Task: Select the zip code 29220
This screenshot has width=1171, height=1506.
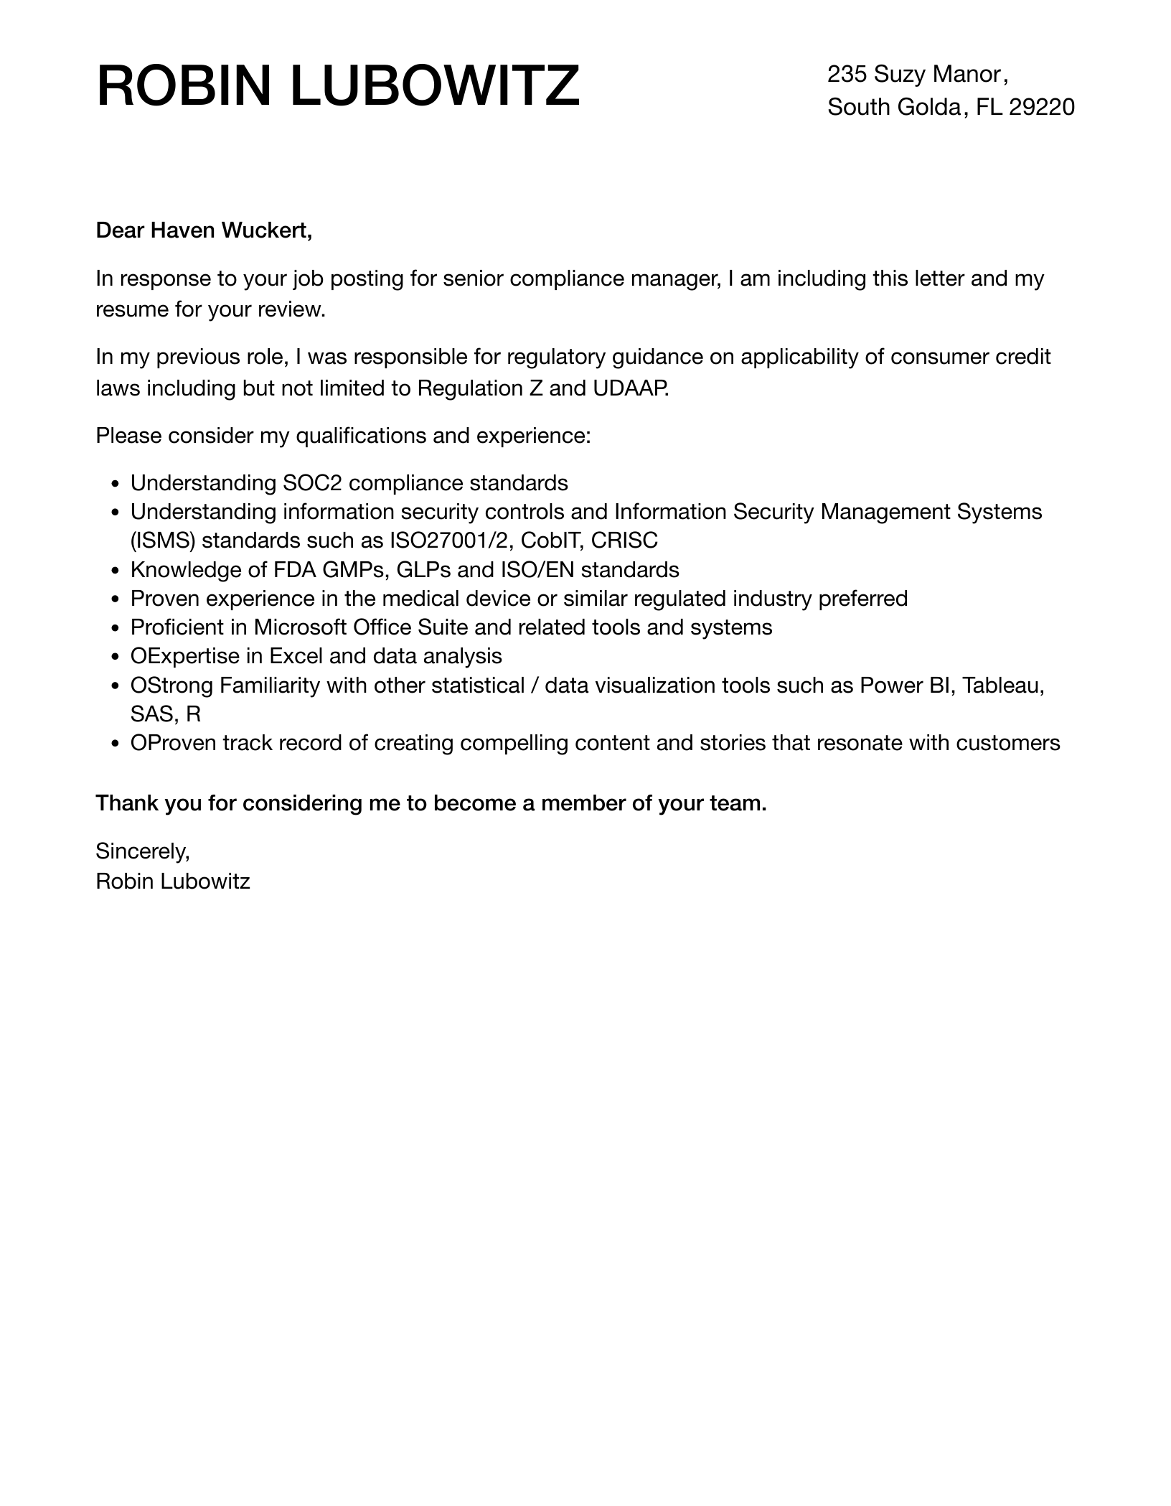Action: click(1041, 107)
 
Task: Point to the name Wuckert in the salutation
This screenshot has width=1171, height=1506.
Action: click(266, 230)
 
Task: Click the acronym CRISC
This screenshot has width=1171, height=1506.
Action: click(624, 540)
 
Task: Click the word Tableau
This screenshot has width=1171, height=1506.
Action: click(1002, 686)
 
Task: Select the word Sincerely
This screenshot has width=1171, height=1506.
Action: click(142, 851)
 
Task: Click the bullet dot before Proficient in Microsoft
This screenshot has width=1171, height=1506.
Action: click(116, 628)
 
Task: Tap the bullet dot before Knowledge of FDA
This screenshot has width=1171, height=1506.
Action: click(116, 571)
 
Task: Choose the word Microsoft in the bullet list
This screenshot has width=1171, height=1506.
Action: click(300, 627)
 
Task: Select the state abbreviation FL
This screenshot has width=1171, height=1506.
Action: click(989, 107)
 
